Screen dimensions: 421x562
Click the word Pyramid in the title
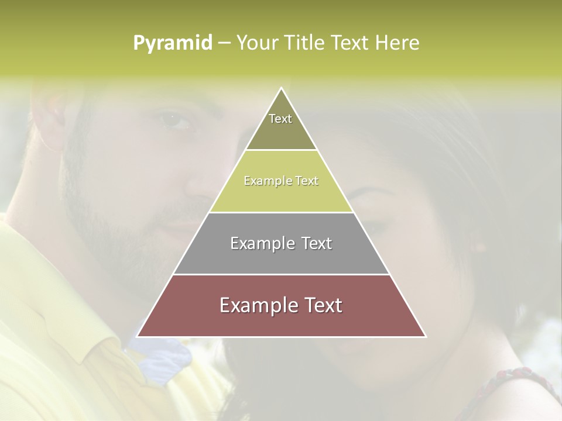[172, 43]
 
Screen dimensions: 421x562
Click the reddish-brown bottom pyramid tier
[281, 319]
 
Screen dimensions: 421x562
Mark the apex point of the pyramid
[281, 88]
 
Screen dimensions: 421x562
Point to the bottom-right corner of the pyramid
[425, 336]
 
